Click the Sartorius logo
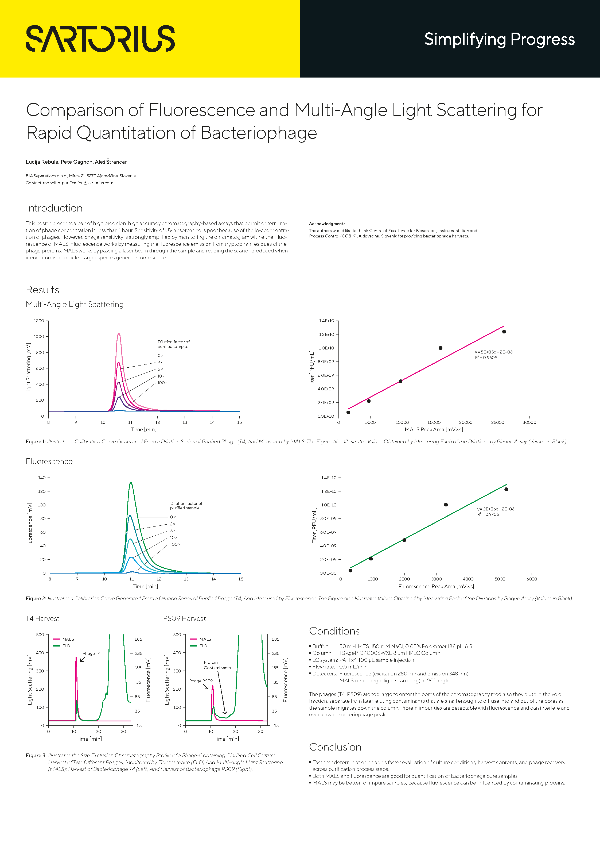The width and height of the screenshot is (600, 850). [x=100, y=39]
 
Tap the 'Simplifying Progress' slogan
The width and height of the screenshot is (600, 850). [x=499, y=39]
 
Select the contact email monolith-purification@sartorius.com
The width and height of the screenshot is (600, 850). [x=78, y=183]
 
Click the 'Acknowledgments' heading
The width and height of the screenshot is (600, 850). [x=327, y=224]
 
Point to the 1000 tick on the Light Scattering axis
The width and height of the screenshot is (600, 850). [x=39, y=337]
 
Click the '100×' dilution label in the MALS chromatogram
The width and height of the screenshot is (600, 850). [x=162, y=383]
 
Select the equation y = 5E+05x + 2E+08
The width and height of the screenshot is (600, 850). [x=493, y=352]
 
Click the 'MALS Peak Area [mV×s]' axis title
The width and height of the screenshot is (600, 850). [x=434, y=429]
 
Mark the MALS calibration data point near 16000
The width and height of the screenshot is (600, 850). [x=440, y=348]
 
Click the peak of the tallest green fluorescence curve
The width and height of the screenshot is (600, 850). [x=131, y=483]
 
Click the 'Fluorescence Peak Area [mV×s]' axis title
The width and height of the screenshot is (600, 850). [x=436, y=586]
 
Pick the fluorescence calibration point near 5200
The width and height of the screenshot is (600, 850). [x=506, y=489]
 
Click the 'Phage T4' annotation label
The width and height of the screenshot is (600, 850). [x=91, y=653]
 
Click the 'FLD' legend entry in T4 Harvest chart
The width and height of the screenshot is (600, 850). [x=66, y=646]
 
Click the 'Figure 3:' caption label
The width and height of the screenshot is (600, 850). [x=36, y=756]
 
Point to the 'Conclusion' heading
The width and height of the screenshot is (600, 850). [x=335, y=747]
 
